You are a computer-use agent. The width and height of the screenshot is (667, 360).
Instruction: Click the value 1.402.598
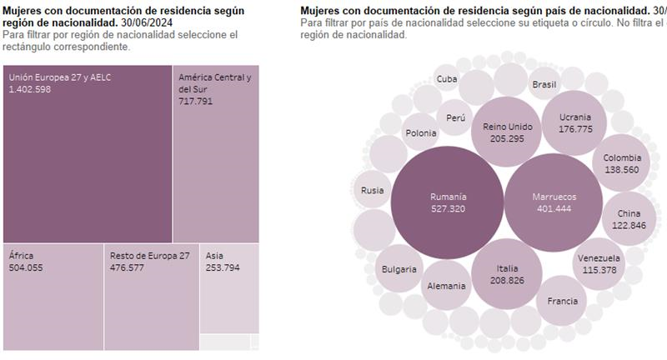tap(30, 89)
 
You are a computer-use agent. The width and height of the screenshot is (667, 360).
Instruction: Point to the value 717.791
tap(196, 101)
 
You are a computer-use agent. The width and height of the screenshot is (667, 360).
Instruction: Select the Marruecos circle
tap(554, 202)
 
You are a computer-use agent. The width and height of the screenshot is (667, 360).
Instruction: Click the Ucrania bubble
tap(575, 122)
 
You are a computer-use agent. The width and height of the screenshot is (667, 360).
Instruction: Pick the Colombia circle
tap(622, 163)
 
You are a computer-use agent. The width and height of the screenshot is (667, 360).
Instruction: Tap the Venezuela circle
tap(599, 263)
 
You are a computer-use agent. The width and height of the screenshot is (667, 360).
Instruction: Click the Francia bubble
tap(561, 300)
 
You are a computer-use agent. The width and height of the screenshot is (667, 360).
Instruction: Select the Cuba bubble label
tap(447, 79)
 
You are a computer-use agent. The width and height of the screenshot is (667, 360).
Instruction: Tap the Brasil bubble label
tap(544, 84)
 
